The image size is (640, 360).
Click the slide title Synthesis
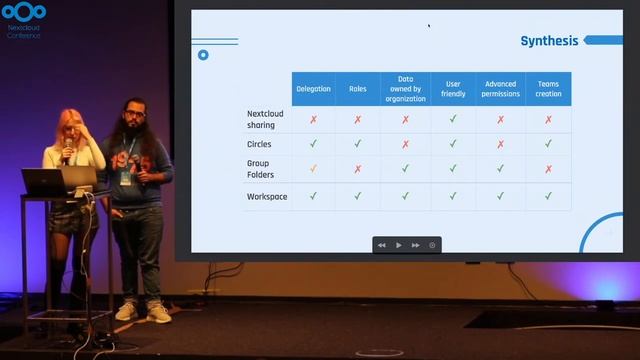(549, 41)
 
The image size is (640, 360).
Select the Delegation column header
(313, 89)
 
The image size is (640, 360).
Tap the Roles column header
(358, 89)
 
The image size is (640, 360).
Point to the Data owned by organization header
(405, 89)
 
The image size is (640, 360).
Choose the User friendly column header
(453, 89)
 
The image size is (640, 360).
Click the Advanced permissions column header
(501, 89)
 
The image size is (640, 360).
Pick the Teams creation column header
(548, 89)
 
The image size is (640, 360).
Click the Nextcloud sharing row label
(265, 119)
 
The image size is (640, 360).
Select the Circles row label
(259, 144)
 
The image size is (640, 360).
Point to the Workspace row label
(267, 196)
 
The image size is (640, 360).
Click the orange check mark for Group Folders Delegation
(313, 169)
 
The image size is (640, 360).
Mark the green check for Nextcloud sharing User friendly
(453, 119)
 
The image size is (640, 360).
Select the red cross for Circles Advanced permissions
(501, 144)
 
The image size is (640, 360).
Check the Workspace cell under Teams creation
(548, 196)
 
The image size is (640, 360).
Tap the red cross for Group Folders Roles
(358, 169)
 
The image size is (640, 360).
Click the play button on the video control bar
(399, 245)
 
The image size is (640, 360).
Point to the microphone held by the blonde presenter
(67, 151)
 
